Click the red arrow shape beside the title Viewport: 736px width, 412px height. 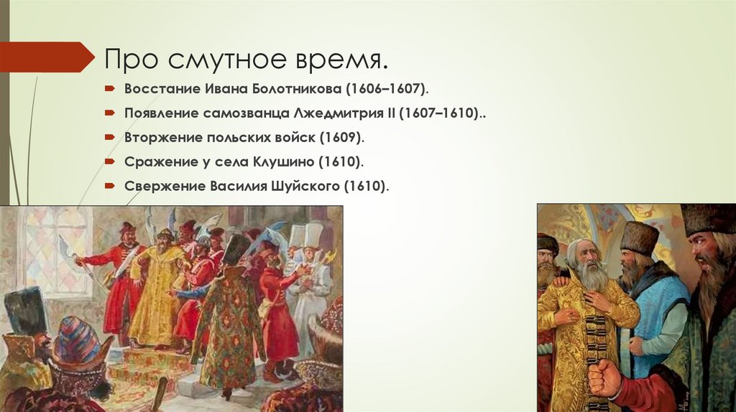pos(47,57)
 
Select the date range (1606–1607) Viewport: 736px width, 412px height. pos(387,88)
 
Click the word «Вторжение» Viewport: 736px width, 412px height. pos(162,137)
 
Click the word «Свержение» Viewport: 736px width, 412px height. pos(164,186)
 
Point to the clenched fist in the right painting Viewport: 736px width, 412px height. pos(604,378)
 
